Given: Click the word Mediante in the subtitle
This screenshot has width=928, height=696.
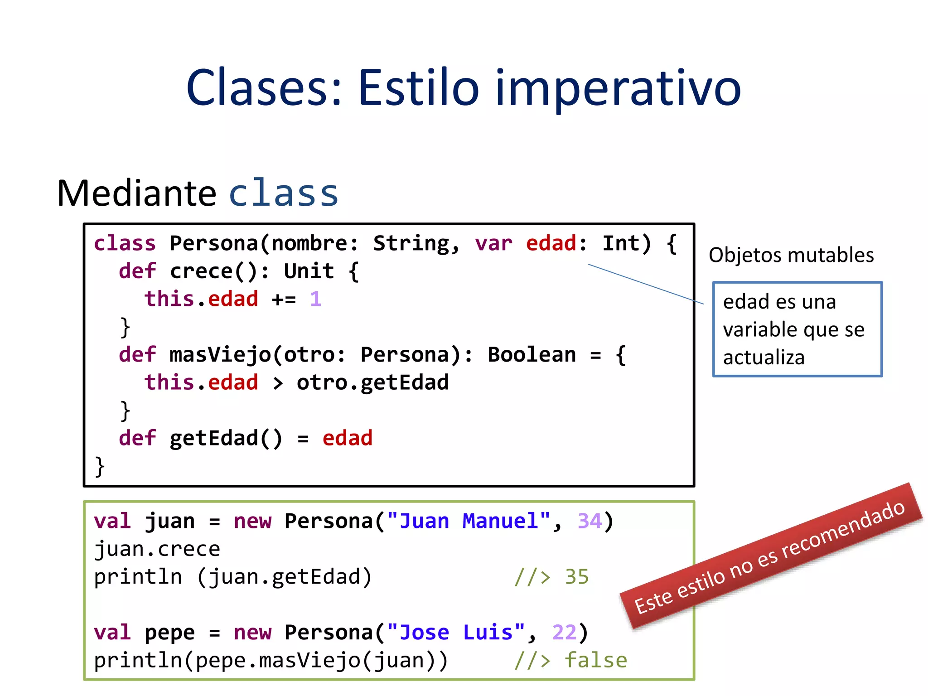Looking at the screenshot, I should click(136, 193).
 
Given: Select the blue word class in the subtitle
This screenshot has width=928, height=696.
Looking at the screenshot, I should click(284, 193).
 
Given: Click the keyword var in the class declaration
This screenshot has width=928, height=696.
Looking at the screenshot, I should click(493, 243).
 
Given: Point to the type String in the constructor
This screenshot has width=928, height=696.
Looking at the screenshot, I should click(411, 243).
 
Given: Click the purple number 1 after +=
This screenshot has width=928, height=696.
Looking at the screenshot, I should click(316, 299).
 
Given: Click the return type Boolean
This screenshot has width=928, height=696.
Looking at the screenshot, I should click(532, 355).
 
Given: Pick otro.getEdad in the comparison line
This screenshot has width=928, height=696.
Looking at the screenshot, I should click(372, 383).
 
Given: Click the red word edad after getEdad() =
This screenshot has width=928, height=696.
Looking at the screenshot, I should click(347, 439).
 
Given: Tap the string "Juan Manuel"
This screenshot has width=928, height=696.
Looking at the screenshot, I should click(469, 521).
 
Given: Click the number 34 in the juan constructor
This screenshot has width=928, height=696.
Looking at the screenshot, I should click(590, 521).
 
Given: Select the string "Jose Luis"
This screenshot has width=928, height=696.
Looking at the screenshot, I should click(456, 633).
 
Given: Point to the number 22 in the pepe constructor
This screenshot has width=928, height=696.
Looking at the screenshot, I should click(564, 633).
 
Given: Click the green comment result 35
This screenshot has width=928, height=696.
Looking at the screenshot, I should click(576, 577).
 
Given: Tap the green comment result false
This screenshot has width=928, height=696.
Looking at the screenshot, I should click(595, 661).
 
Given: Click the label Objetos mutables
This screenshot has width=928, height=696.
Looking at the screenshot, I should click(791, 255).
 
